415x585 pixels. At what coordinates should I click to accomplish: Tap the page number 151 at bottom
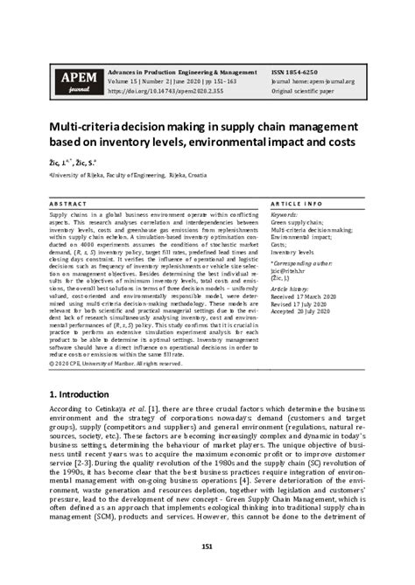[207, 547]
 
